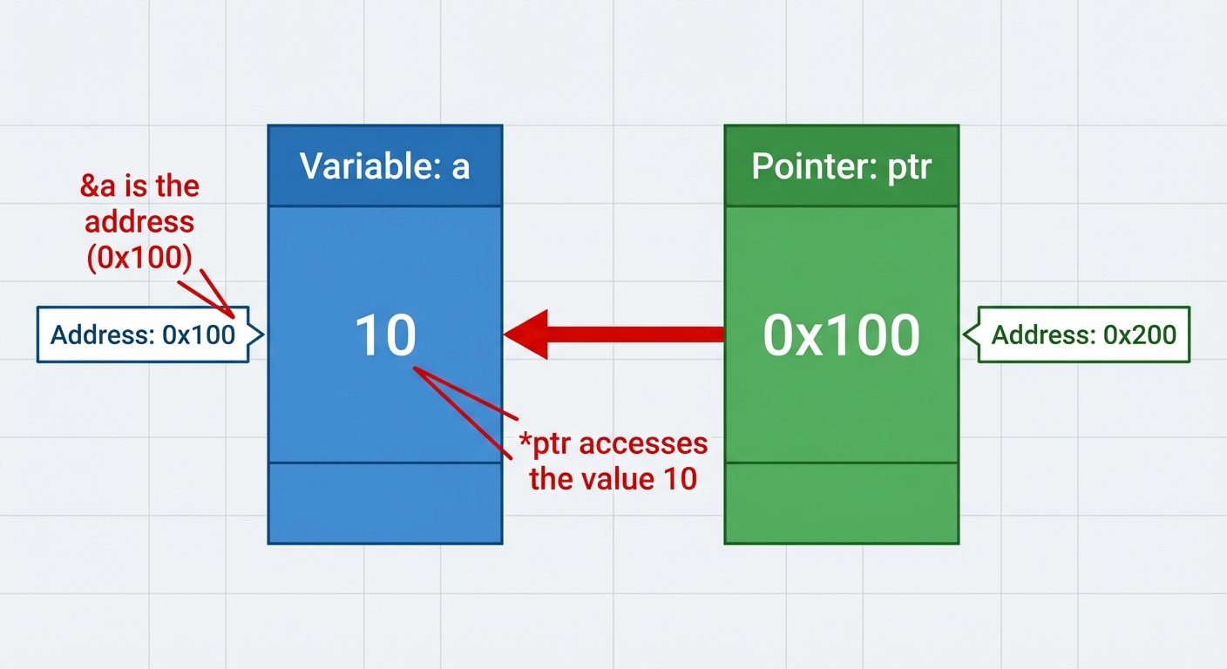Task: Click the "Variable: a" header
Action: click(x=384, y=166)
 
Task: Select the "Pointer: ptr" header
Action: click(x=841, y=166)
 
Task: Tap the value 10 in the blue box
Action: click(x=385, y=335)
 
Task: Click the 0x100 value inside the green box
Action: click(x=841, y=335)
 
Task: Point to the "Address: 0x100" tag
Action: click(x=143, y=334)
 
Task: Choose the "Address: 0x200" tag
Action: click(x=1083, y=334)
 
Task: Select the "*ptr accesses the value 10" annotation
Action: click(x=613, y=461)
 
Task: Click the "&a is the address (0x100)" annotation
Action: click(x=139, y=222)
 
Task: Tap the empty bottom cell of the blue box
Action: click(x=384, y=503)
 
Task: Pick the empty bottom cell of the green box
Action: click(x=841, y=503)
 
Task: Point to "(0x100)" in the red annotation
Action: click(x=139, y=259)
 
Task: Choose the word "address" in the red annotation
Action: click(x=139, y=222)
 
